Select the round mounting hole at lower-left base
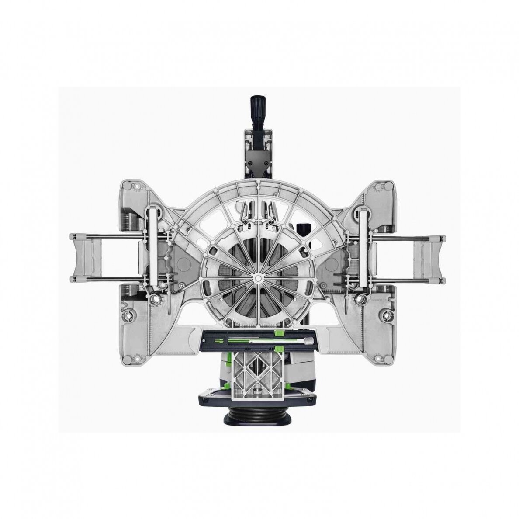click(x=130, y=314)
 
